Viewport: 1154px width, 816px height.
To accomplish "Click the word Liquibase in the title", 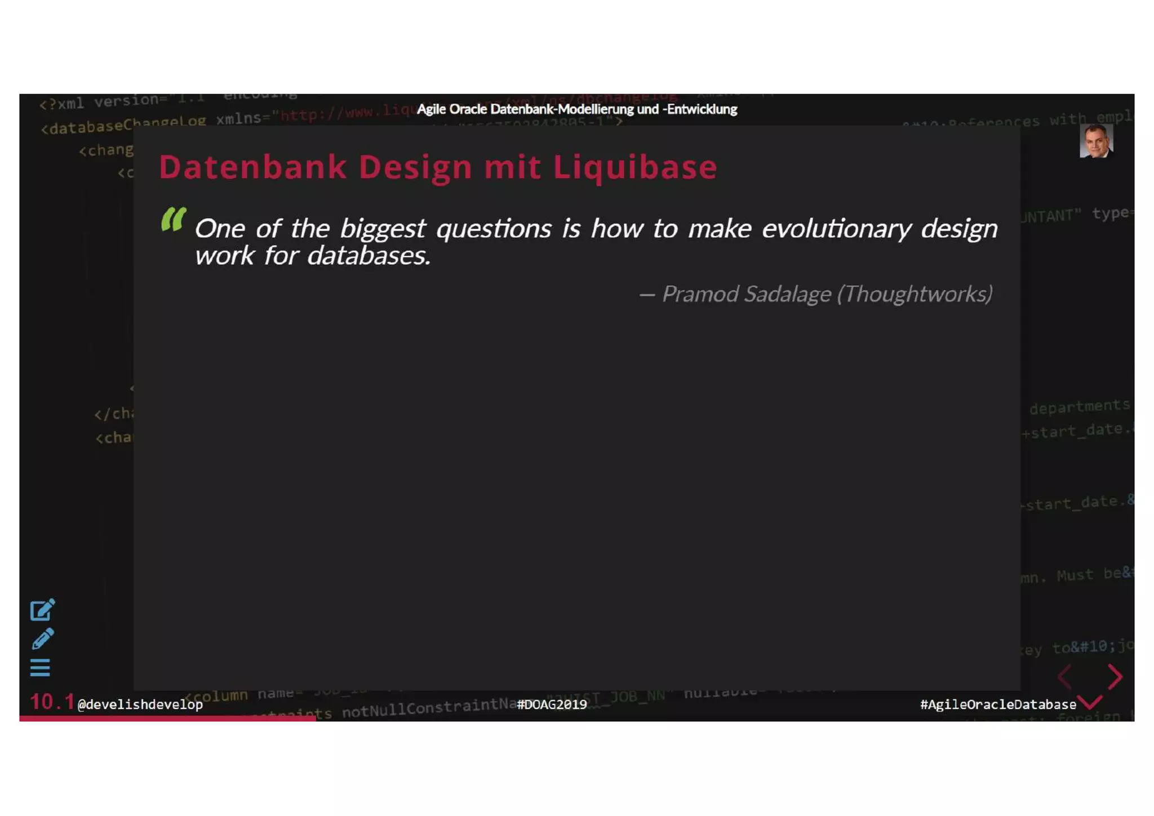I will click(x=634, y=167).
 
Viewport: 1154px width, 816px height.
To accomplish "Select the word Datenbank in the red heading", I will click(x=252, y=167).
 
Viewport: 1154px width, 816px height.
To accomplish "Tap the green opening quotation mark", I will click(x=173, y=219).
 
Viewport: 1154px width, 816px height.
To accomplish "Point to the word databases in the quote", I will click(x=369, y=256).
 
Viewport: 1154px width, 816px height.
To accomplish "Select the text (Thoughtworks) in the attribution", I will click(x=915, y=294).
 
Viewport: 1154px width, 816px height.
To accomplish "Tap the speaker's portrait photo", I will click(x=1095, y=141).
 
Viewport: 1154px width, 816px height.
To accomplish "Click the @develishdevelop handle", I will click(x=140, y=704).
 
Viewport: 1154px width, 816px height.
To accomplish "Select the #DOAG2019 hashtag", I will click(x=552, y=704).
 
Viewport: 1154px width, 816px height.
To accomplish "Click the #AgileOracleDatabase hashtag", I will click(x=998, y=704).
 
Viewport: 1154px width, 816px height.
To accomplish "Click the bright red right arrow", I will click(x=1115, y=676).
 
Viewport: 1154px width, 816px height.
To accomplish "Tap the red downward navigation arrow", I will click(x=1091, y=702).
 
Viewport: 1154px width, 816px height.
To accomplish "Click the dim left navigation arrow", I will click(x=1064, y=676).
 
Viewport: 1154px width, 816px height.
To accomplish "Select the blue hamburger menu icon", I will click(x=40, y=668).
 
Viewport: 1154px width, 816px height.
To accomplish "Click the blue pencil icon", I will click(x=42, y=639).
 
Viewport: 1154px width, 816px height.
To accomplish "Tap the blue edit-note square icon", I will click(x=42, y=610).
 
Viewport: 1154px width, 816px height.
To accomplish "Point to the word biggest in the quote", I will click(x=383, y=229).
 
